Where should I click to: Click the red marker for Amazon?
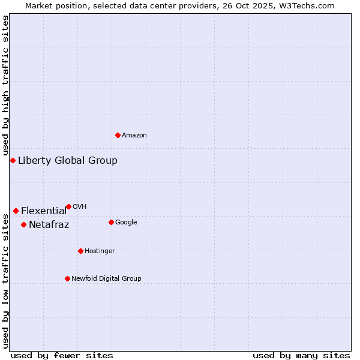(x=118, y=135)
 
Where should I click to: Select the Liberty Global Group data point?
(x=13, y=160)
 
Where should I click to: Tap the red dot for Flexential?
(x=16, y=211)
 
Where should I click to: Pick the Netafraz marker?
(x=23, y=224)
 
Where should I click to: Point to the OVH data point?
(x=68, y=206)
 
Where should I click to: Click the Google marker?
(x=111, y=222)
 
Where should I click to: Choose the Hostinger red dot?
(x=80, y=251)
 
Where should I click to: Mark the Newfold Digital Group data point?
(x=67, y=278)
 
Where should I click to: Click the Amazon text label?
(x=134, y=136)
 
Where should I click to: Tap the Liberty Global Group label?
(x=68, y=160)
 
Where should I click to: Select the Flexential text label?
(x=44, y=211)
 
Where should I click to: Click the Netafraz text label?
(x=49, y=225)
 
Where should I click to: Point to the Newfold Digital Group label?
(x=106, y=278)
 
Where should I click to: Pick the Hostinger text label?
(x=100, y=251)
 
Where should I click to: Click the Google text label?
(x=126, y=222)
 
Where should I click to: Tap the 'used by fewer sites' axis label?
(x=62, y=355)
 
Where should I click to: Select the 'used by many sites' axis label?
(x=301, y=355)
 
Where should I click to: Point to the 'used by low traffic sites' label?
(x=5, y=281)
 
